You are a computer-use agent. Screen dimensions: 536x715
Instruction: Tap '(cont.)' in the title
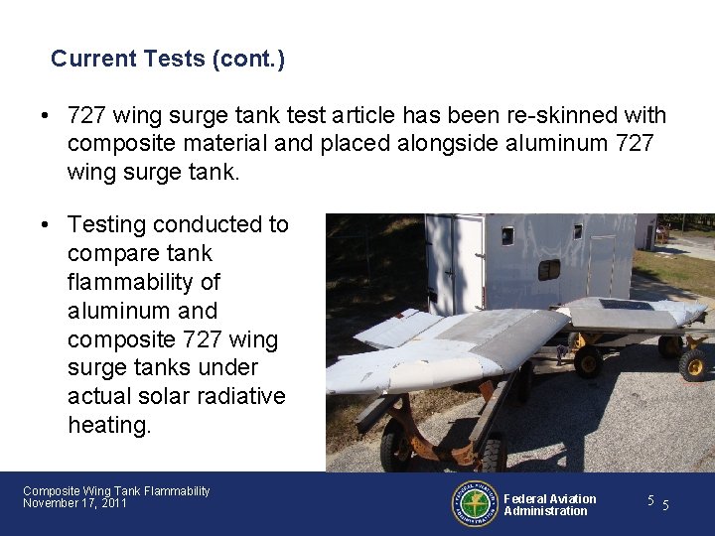(248, 60)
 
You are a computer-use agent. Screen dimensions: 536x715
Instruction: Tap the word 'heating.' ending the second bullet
(108, 425)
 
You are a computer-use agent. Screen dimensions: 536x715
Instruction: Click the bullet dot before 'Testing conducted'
(47, 225)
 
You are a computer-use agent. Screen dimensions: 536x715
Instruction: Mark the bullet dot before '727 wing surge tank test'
(47, 116)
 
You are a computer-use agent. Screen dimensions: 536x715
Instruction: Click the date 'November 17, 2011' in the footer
(74, 504)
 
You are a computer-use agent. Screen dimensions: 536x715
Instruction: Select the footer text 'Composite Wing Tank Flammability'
(116, 491)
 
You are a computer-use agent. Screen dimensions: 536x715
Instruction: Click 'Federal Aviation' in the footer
(550, 499)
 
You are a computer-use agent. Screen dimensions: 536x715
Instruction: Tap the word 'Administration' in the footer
(545, 511)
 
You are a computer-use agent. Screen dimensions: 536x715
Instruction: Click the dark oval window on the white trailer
(548, 269)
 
